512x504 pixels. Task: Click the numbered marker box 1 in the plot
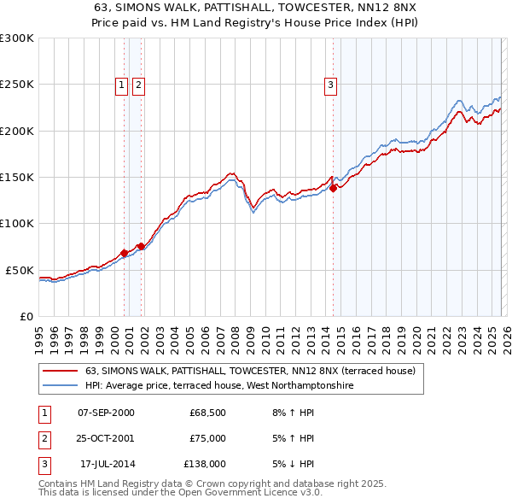coord(121,85)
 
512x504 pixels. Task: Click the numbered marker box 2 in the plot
coord(138,85)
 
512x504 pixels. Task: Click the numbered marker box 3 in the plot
coord(330,85)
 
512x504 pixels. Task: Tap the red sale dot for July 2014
coord(333,189)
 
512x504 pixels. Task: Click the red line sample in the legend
coord(61,372)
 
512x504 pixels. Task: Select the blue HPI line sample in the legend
coord(61,386)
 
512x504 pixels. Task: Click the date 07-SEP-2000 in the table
coord(106,413)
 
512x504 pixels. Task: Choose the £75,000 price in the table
coord(207,438)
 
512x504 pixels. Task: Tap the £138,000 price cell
coord(205,464)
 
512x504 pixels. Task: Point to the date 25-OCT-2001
coord(106,438)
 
